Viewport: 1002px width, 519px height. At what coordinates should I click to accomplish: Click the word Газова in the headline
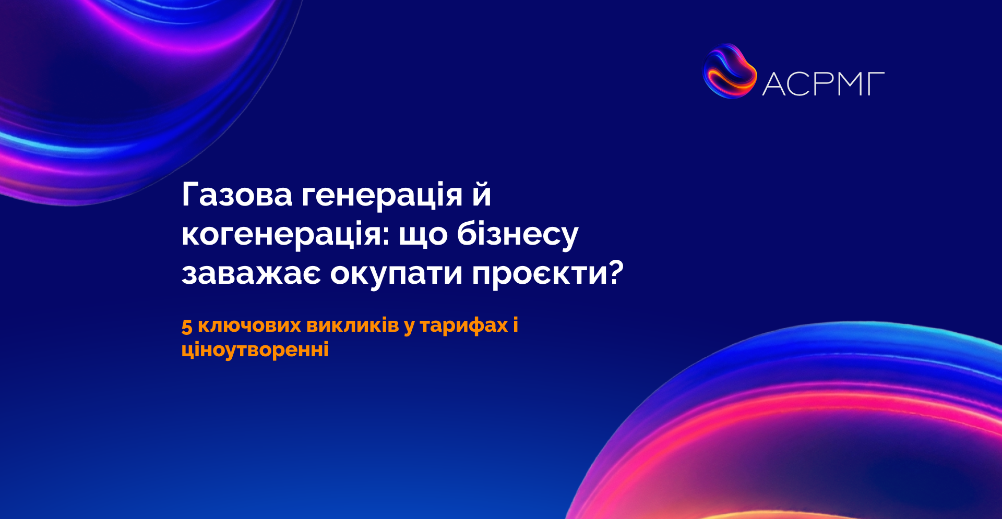pos(237,195)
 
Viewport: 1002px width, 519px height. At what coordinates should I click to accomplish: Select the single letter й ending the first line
pos(483,194)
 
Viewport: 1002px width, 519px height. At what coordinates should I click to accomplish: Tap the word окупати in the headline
pos(397,275)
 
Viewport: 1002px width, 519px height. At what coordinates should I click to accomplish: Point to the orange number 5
pos(187,326)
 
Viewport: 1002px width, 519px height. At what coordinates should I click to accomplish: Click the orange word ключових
pos(249,325)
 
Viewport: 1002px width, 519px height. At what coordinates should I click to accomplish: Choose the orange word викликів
pos(353,325)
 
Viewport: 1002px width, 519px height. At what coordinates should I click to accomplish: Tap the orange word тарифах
pos(464,326)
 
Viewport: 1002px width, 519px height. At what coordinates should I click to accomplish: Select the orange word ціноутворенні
pos(255,349)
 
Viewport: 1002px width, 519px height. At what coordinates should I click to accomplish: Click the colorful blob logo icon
pos(730,71)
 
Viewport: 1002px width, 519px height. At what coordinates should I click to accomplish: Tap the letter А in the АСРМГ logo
pos(774,84)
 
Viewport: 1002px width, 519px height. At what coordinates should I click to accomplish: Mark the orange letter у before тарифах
pos(409,327)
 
